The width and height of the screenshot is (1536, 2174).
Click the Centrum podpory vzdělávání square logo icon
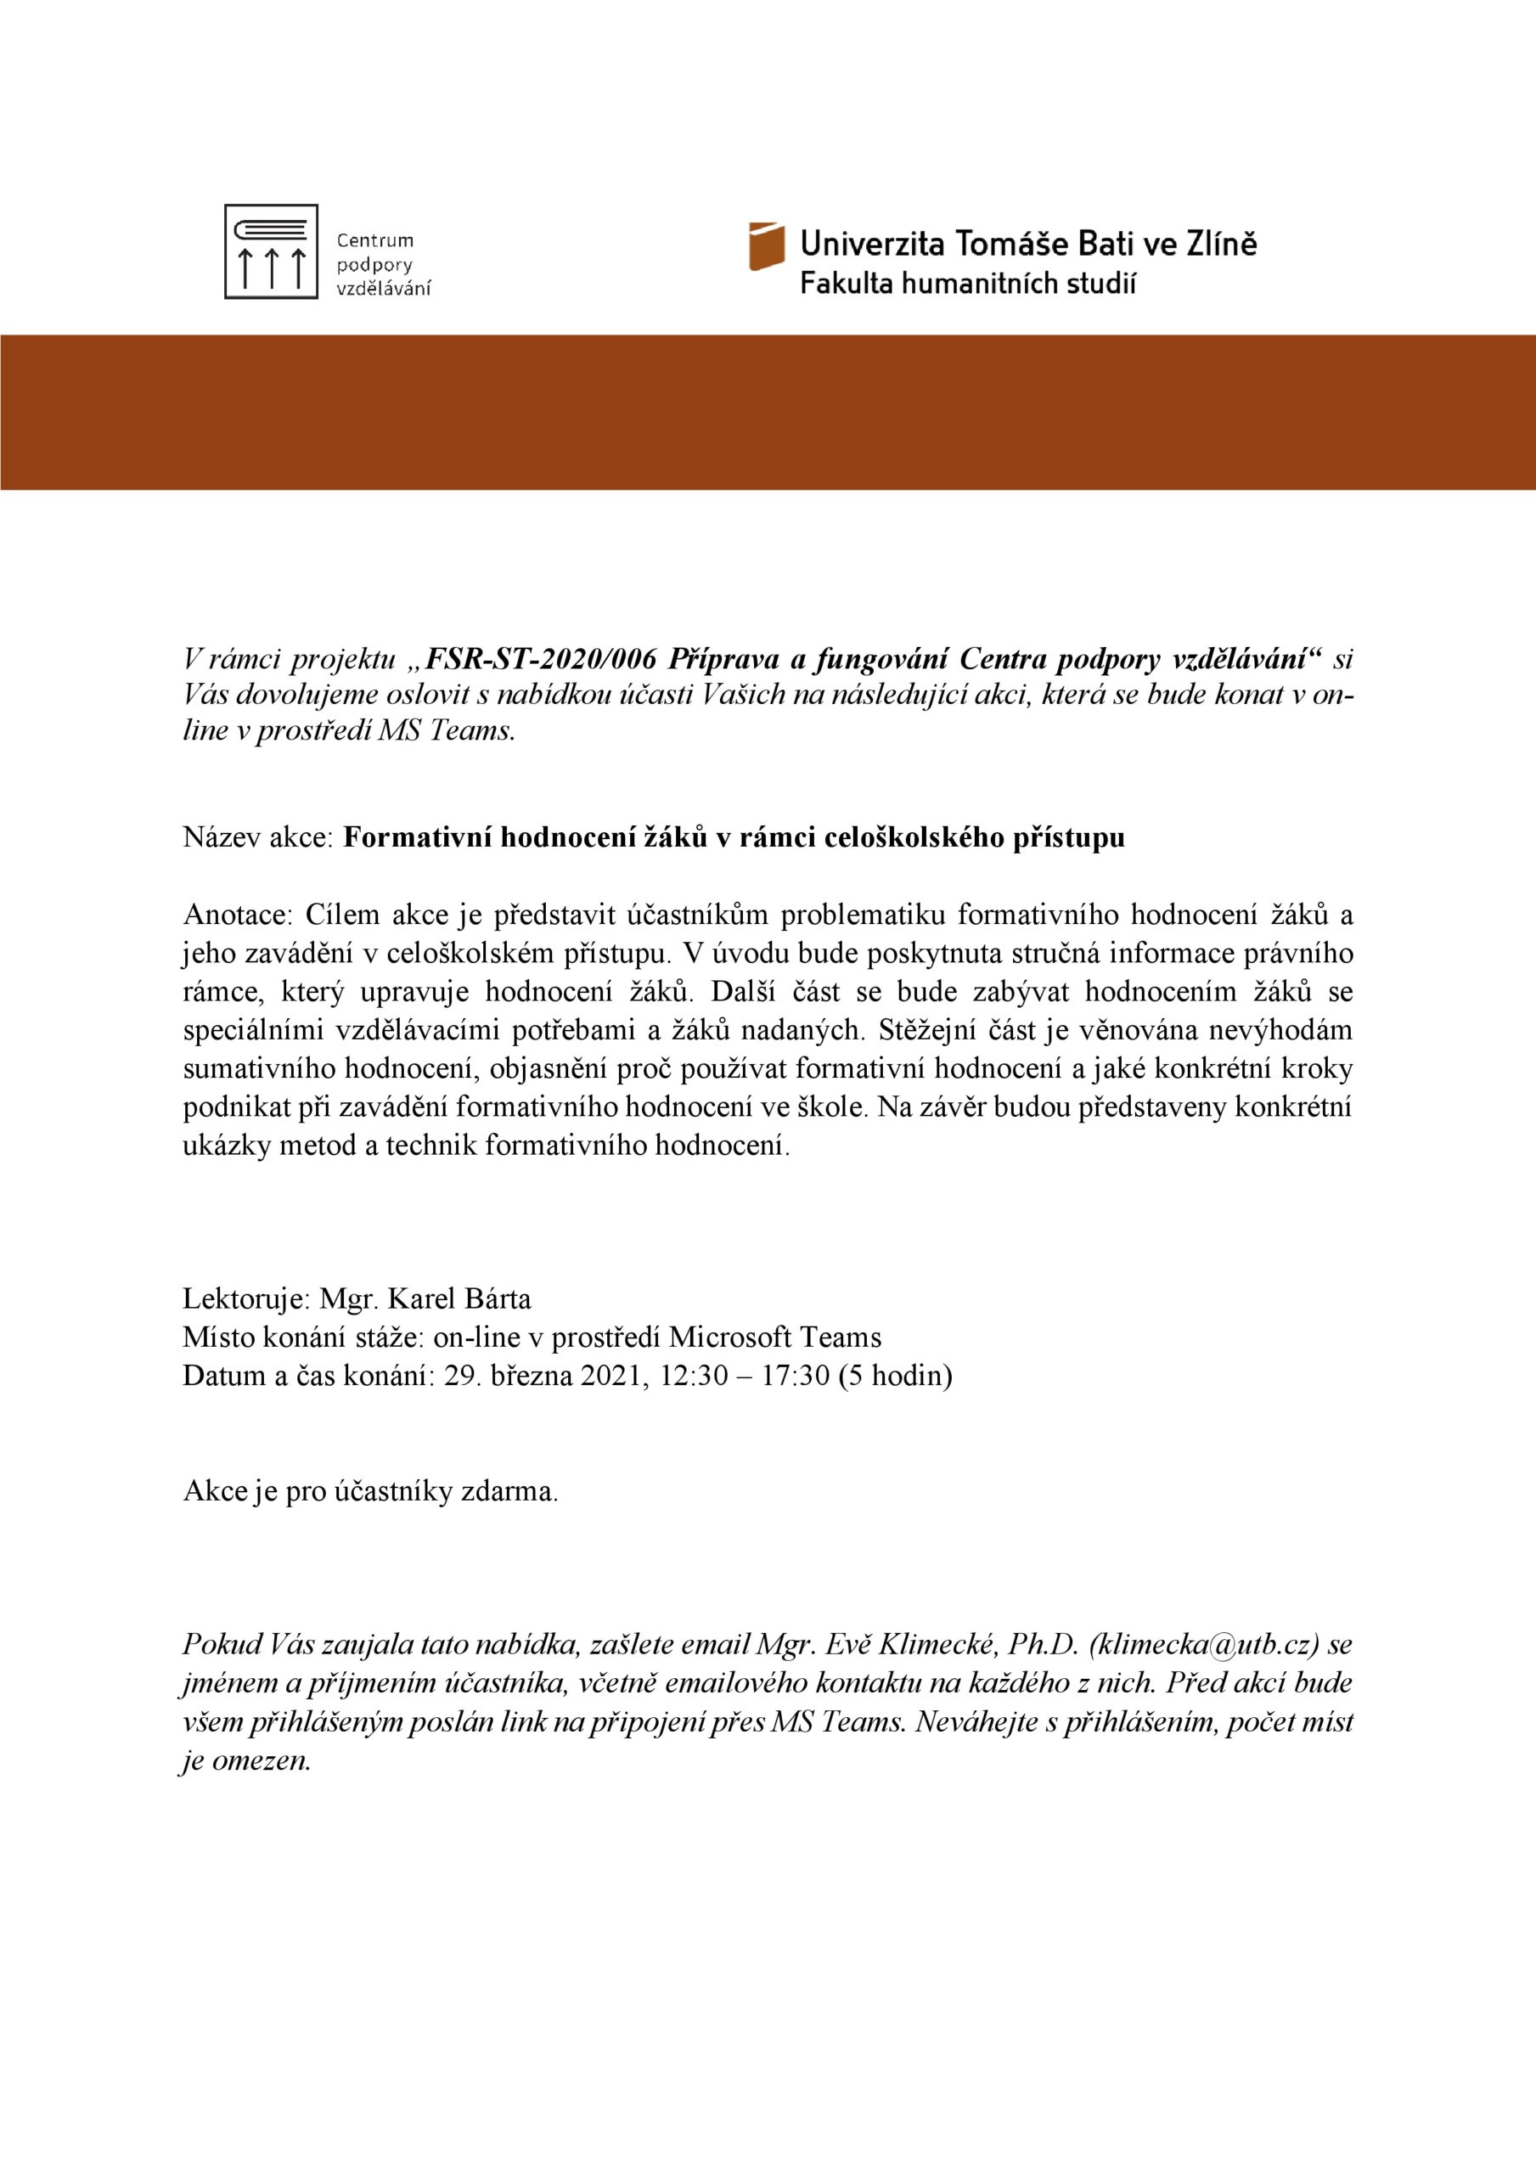pyautogui.click(x=271, y=252)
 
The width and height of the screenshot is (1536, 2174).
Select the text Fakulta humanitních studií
pyautogui.click(x=968, y=283)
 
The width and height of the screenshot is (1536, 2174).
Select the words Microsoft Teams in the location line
pyautogui.click(x=774, y=1337)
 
